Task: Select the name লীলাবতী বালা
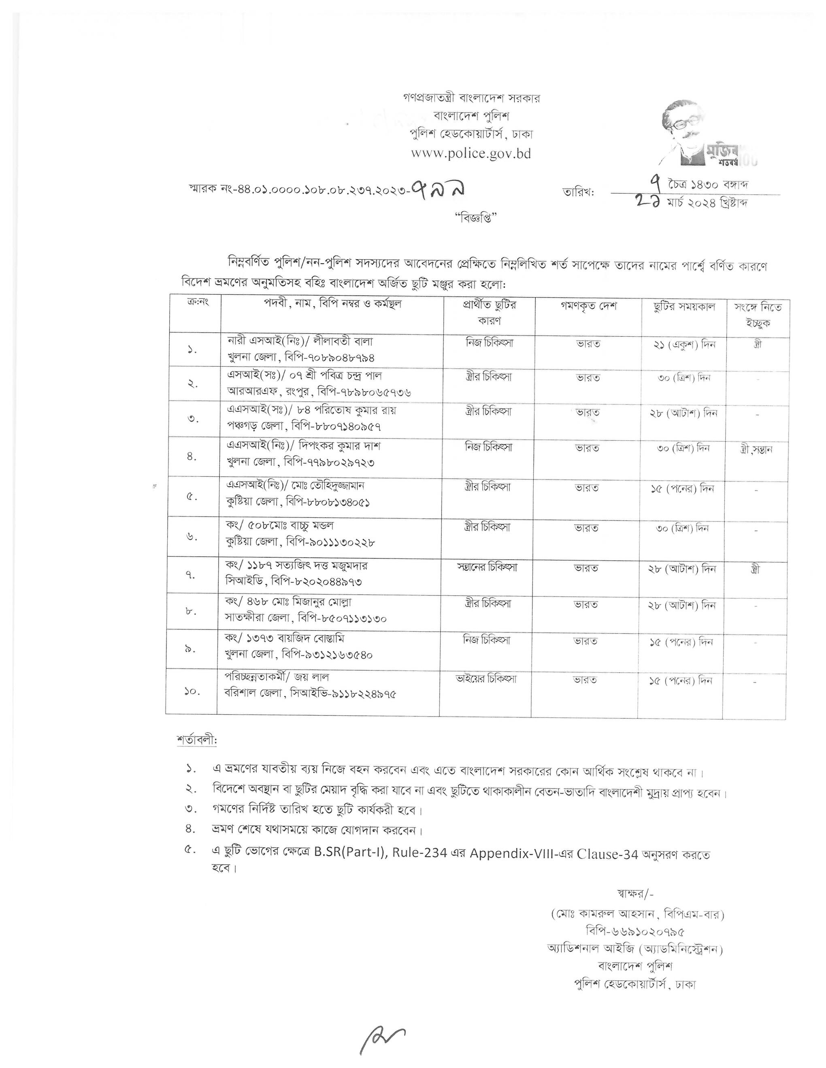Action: click(342, 341)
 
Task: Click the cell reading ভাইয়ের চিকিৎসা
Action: click(486, 679)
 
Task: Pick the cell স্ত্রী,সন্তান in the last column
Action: click(756, 449)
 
